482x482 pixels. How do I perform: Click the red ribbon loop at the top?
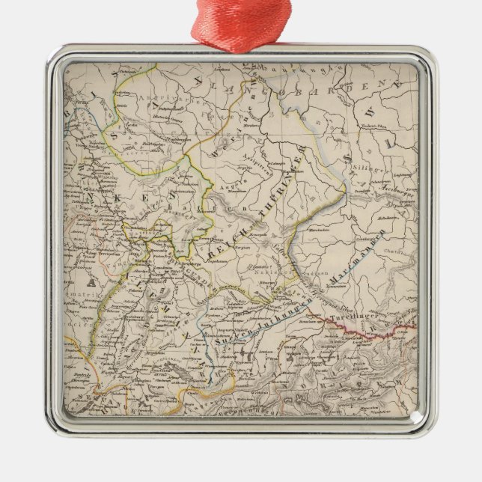[x=241, y=22]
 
